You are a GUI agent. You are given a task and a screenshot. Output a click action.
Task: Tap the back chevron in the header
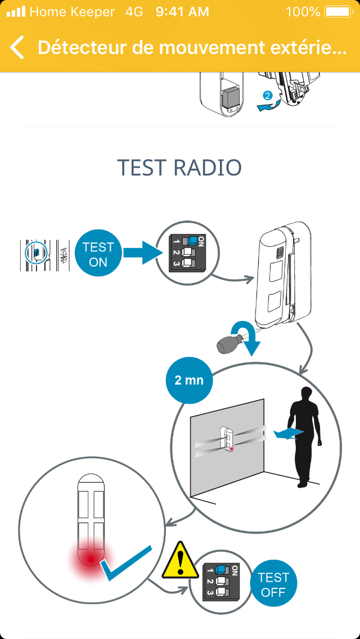(17, 48)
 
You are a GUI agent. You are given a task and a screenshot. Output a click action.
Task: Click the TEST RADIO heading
(179, 168)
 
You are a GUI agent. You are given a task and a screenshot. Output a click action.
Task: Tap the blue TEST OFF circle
(273, 584)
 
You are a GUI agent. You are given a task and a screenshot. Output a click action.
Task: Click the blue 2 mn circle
(189, 381)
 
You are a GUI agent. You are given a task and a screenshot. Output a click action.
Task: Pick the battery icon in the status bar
(337, 11)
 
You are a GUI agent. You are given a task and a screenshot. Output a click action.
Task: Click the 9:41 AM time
(182, 11)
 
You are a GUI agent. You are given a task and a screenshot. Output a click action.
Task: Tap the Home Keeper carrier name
(72, 11)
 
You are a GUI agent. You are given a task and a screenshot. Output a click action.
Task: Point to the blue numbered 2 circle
(268, 96)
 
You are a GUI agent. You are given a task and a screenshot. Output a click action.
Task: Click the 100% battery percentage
(303, 11)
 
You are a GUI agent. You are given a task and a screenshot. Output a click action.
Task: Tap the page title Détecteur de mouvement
(192, 48)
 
